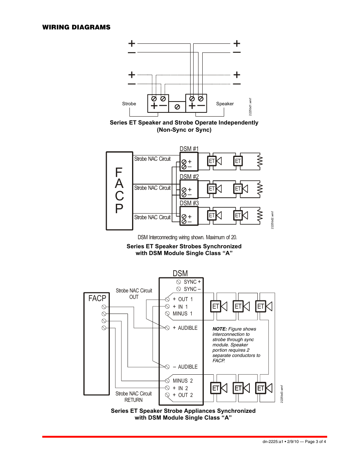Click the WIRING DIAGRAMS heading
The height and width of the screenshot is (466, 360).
click(x=76, y=27)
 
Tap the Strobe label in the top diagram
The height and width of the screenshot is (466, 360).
click(x=129, y=104)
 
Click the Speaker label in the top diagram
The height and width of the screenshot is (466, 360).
click(x=225, y=104)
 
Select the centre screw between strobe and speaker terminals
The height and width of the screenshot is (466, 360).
click(x=177, y=107)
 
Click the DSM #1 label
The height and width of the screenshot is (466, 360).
click(x=189, y=149)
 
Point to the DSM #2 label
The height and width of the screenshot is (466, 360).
click(x=189, y=177)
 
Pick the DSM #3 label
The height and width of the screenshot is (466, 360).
click(x=189, y=203)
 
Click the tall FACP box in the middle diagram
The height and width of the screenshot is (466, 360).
click(x=119, y=191)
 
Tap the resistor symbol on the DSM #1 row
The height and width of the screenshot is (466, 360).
click(x=260, y=161)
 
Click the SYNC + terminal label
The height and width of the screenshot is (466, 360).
click(x=192, y=282)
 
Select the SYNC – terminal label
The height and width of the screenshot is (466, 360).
click(x=192, y=289)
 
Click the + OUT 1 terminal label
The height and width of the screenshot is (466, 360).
click(x=183, y=299)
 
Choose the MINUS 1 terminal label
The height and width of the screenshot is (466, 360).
click(x=183, y=314)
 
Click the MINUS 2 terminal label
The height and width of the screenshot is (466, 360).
click(x=183, y=381)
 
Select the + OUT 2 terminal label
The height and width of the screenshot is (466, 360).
click(x=183, y=395)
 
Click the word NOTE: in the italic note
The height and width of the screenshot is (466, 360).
click(x=220, y=329)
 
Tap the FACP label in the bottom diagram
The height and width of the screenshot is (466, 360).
click(x=97, y=298)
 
